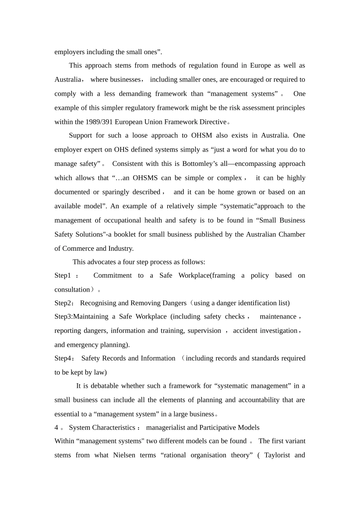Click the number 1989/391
tap(99, 122)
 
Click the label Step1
tap(63, 275)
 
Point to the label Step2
tap(63, 303)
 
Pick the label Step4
tap(63, 358)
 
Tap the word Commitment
tap(113, 275)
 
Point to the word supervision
tap(204, 331)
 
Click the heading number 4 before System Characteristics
tap(56, 428)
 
